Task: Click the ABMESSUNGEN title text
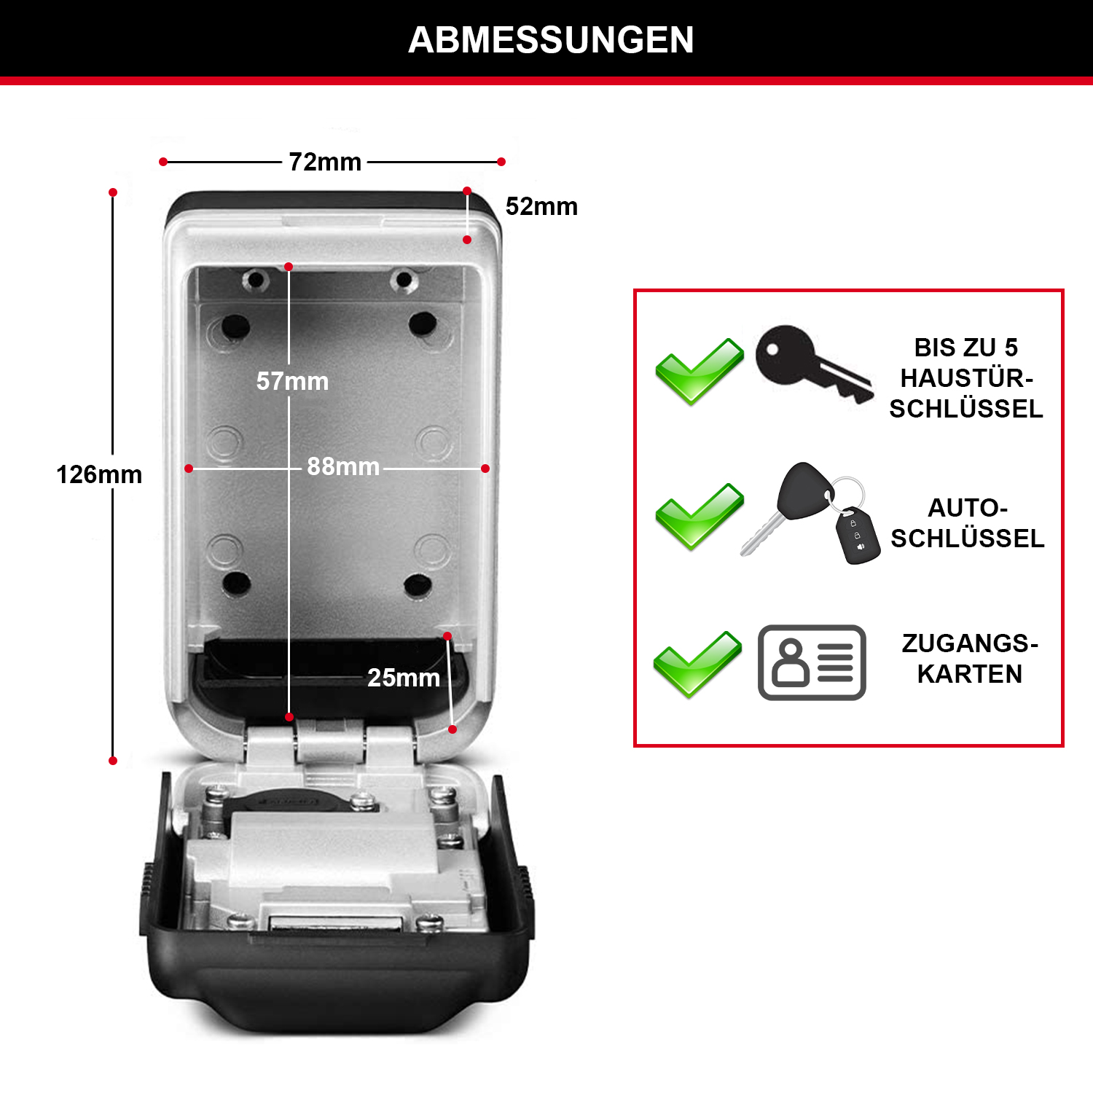coord(551,40)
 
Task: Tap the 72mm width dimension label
coord(325,162)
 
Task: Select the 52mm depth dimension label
coord(541,206)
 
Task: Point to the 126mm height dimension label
coord(99,474)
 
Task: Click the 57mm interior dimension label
coord(292,381)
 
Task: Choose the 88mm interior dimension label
coord(343,466)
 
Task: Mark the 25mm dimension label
coord(404,678)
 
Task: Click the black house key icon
coord(814,364)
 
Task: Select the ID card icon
coord(812,662)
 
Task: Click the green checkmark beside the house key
coord(699,372)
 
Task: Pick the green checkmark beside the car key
coord(699,516)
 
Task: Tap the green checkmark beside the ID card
coord(697,664)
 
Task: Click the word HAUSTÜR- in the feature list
coord(967,378)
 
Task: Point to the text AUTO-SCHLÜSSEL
coord(968,523)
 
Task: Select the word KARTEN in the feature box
coord(970,674)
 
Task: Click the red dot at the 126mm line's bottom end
coord(113,761)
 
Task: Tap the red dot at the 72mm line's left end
coord(163,162)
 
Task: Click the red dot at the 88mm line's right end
coord(485,469)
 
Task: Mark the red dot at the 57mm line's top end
coord(289,267)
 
